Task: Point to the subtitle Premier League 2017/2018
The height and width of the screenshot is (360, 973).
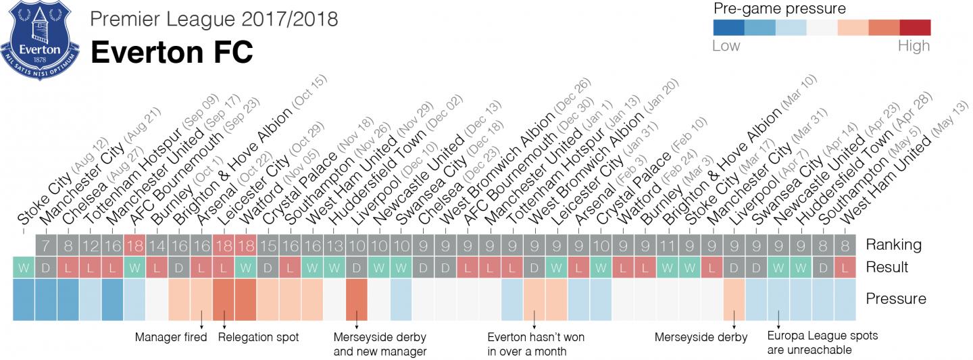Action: point(214,18)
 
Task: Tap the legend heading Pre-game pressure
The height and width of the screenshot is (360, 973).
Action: point(780,9)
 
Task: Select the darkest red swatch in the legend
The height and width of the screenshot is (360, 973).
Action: point(915,27)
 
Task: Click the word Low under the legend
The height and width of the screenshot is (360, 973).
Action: point(726,46)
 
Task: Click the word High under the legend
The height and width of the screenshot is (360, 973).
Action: point(914,46)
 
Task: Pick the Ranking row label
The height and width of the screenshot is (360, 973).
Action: point(893,245)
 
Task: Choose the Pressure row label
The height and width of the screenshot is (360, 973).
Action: point(896,299)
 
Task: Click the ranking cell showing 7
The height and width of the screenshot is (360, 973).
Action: point(46,245)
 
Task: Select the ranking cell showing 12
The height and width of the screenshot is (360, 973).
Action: point(91,245)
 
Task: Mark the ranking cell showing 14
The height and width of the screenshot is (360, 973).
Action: point(157,245)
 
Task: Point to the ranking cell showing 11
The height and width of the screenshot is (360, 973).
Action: point(668,245)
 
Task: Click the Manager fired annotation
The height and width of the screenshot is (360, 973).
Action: point(171,337)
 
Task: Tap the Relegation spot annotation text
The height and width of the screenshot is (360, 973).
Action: point(258,337)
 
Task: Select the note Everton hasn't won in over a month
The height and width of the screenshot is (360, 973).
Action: point(536,343)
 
